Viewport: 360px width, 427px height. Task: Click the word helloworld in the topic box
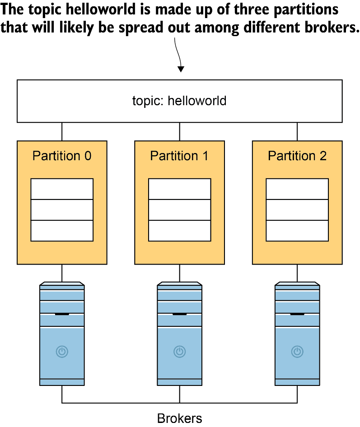pyautogui.click(x=197, y=101)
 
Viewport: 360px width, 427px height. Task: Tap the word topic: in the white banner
pyautogui.click(x=148, y=101)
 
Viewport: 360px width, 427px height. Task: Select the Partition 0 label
pyautogui.click(x=62, y=156)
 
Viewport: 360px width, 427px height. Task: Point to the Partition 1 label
pyautogui.click(x=179, y=156)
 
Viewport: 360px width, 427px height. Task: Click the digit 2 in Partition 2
pyautogui.click(x=323, y=156)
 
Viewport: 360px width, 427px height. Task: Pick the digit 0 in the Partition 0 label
pyautogui.click(x=88, y=156)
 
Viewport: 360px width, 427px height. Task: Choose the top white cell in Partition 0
pyautogui.click(x=62, y=189)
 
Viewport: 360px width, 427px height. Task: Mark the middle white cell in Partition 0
pyautogui.click(x=62, y=210)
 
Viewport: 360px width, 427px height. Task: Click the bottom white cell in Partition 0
pyautogui.click(x=62, y=231)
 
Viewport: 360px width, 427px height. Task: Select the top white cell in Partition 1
pyautogui.click(x=179, y=189)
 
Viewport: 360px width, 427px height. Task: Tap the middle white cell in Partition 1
pyautogui.click(x=179, y=210)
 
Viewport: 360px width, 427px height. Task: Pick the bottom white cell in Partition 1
pyautogui.click(x=179, y=231)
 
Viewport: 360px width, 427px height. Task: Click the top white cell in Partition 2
pyautogui.click(x=297, y=189)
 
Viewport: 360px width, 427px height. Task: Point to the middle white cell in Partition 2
pyautogui.click(x=297, y=210)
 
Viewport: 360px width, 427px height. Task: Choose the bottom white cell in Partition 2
pyautogui.click(x=297, y=231)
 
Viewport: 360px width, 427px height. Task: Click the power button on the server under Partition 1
pyautogui.click(x=179, y=351)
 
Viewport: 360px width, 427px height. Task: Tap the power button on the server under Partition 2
pyautogui.click(x=297, y=351)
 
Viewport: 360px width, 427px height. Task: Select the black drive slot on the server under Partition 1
pyautogui.click(x=179, y=314)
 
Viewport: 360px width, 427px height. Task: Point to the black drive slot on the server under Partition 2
pyautogui.click(x=297, y=314)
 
